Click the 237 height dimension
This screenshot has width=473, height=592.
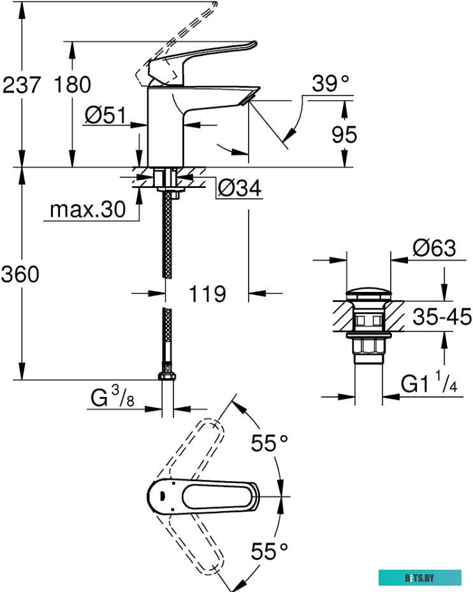(x=22, y=85)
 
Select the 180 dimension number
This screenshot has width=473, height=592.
(x=72, y=85)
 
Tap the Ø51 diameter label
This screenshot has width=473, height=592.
(x=105, y=115)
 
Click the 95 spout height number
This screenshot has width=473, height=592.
(x=344, y=134)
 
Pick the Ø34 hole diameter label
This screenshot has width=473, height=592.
(x=240, y=187)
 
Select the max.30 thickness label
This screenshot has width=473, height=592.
(x=87, y=209)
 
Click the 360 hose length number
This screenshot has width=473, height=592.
(x=20, y=274)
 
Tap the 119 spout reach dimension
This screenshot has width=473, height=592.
(x=207, y=293)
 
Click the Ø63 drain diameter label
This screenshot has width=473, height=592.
(x=435, y=248)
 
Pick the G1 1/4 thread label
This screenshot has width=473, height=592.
(x=429, y=384)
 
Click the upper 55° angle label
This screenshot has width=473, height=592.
(x=270, y=442)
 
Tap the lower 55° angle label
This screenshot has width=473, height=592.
(x=270, y=551)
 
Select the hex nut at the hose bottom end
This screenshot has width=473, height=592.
(x=167, y=376)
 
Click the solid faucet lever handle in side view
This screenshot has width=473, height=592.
(x=202, y=62)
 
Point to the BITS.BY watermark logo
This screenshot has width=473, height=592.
(x=419, y=577)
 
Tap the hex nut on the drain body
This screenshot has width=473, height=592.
(x=368, y=345)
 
